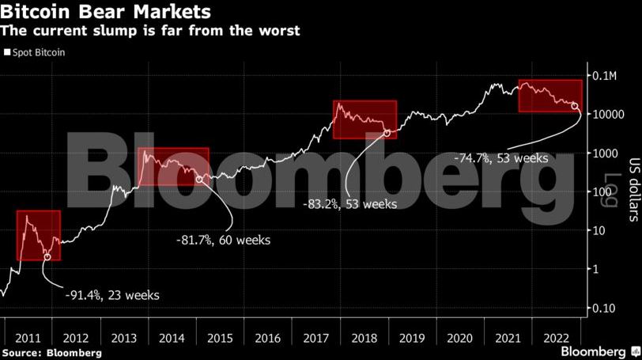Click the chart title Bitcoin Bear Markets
point(107,12)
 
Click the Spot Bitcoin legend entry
point(36,52)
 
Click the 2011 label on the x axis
point(28,338)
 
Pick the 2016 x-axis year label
point(268,338)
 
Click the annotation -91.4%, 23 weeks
point(112,295)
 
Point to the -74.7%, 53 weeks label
point(501,158)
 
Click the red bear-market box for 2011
point(39,235)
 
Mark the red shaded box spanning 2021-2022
point(549,96)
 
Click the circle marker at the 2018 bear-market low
point(387,132)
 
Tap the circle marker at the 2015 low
point(199,180)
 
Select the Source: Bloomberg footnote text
point(51,352)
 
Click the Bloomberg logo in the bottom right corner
point(599,351)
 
